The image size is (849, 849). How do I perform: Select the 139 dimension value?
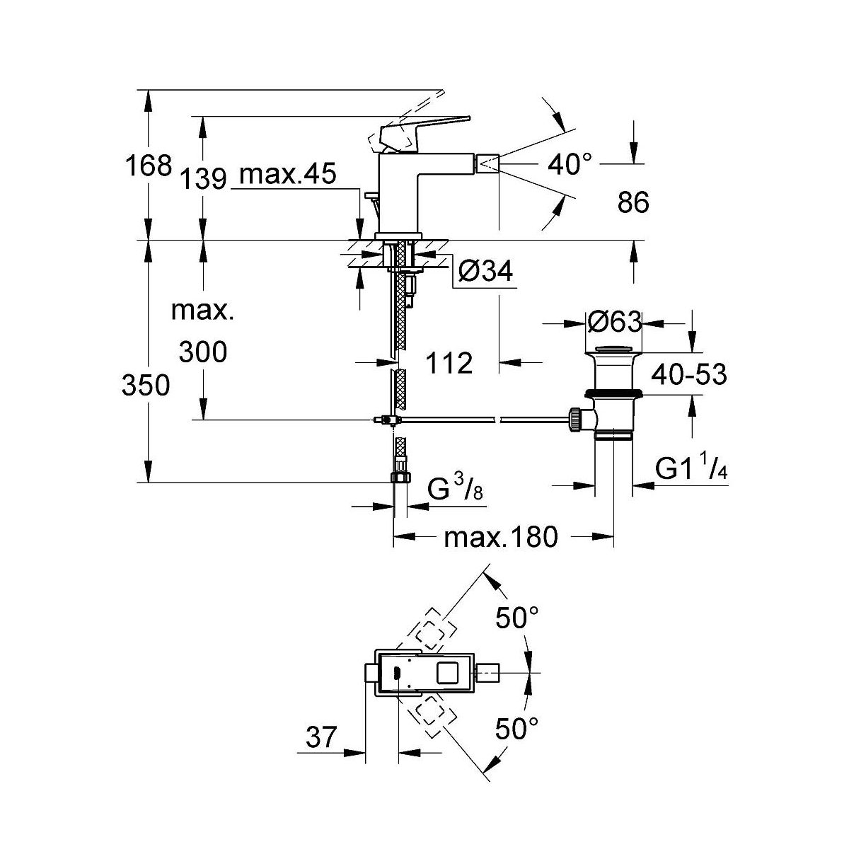pos(202,178)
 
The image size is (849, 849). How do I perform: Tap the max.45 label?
pos(287,175)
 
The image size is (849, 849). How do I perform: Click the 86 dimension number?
pos(633,204)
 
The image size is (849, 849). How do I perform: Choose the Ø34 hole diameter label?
pos(485,271)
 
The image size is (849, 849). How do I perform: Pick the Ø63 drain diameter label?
pos(614,323)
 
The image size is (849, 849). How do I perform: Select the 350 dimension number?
pos(146,386)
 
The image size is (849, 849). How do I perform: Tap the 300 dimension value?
pos(203,352)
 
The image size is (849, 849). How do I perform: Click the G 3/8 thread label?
pos(456,490)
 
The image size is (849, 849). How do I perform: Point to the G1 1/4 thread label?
pos(691,469)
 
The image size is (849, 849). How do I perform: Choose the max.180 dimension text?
pos(501,538)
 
